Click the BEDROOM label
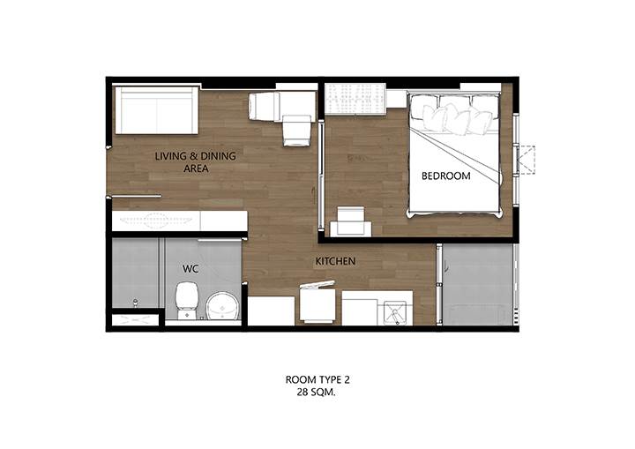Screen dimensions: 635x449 (x=446, y=176)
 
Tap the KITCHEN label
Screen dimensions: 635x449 (x=335, y=261)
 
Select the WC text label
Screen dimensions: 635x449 (x=190, y=269)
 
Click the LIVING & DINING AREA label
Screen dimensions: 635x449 (x=196, y=161)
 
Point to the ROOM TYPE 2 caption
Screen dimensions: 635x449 (x=317, y=379)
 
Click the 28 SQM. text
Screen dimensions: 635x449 (x=317, y=393)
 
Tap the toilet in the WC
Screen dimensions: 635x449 (x=187, y=300)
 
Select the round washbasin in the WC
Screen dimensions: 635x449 (x=223, y=305)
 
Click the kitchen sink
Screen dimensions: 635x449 (x=392, y=312)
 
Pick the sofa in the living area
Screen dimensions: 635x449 (x=157, y=109)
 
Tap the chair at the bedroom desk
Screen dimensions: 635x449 (x=351, y=221)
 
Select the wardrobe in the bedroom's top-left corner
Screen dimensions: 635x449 (x=355, y=99)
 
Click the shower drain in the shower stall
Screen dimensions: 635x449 (x=135, y=302)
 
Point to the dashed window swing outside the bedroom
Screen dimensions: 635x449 (x=527, y=160)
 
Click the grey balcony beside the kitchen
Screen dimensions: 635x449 (x=478, y=284)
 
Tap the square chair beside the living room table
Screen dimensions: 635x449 (x=298, y=130)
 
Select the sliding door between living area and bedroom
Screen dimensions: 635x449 (x=321, y=176)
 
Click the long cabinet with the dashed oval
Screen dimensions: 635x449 (x=179, y=221)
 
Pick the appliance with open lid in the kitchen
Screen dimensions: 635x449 (x=317, y=303)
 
